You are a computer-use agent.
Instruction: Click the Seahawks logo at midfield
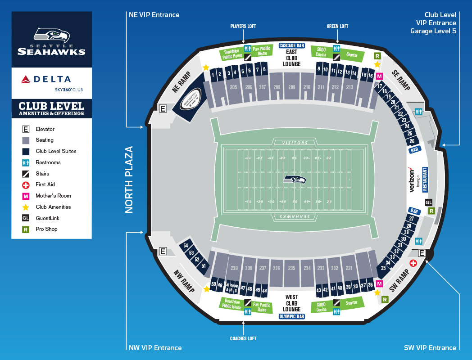click(295, 180)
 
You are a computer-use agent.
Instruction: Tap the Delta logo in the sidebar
click(46, 80)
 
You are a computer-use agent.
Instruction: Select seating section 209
click(292, 87)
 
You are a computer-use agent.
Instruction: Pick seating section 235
click(292, 268)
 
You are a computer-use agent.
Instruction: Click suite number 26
click(412, 141)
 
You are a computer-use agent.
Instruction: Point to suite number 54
click(186, 246)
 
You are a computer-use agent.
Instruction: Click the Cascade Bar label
click(292, 45)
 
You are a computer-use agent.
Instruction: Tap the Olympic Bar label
click(292, 316)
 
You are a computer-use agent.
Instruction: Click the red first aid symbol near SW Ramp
click(413, 263)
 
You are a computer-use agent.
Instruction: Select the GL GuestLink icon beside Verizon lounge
click(428, 202)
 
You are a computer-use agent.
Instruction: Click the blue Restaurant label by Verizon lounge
click(425, 180)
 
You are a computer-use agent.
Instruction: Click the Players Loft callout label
click(243, 27)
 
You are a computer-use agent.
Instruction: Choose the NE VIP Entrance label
click(154, 15)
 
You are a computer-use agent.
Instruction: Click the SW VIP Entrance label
click(431, 347)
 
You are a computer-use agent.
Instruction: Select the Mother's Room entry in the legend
click(53, 196)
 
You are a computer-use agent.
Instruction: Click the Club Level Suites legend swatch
click(26, 151)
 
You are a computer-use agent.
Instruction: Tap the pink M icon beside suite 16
click(379, 76)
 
